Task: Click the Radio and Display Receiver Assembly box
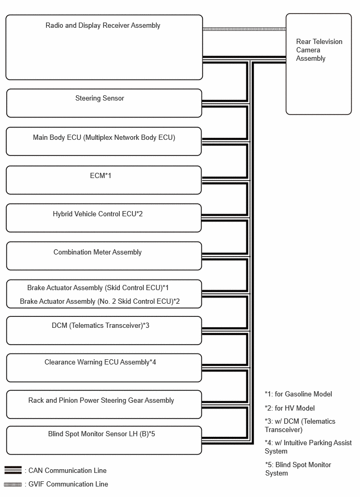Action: (x=104, y=47)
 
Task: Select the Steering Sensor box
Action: (x=104, y=103)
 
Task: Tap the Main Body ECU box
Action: (x=104, y=141)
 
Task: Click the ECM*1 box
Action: (x=104, y=180)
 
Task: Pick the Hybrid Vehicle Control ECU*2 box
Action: (x=104, y=218)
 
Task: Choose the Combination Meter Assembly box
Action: (x=104, y=256)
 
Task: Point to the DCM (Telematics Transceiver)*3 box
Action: (x=104, y=330)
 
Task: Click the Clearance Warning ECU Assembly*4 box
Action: (x=104, y=368)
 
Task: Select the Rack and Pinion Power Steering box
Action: (x=104, y=404)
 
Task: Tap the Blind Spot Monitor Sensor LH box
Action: (x=104, y=440)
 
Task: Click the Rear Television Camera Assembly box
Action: (x=319, y=64)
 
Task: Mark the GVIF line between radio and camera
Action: (x=244, y=29)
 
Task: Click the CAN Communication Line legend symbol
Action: (x=13, y=470)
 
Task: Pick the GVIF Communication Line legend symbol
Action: (x=13, y=484)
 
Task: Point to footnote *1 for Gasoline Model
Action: (x=298, y=394)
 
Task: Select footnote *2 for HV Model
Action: (x=290, y=408)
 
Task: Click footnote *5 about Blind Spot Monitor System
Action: (x=298, y=469)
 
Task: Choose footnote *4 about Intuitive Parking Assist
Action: (x=308, y=447)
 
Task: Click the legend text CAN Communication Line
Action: (x=67, y=470)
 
